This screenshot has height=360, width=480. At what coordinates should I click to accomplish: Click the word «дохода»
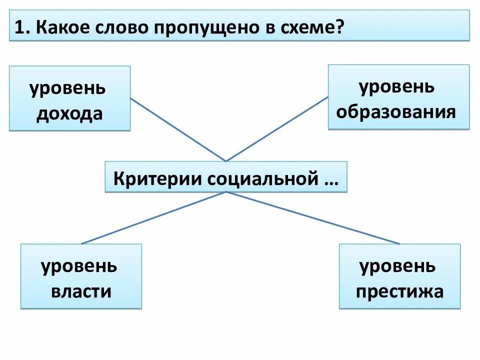click(69, 113)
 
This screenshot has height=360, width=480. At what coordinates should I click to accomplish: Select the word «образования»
click(396, 111)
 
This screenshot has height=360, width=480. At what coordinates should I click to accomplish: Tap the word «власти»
click(81, 291)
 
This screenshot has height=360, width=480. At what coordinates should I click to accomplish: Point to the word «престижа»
click(399, 291)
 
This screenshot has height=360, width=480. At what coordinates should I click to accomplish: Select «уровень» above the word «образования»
click(396, 86)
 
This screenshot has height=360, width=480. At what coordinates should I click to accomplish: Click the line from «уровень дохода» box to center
click(178, 129)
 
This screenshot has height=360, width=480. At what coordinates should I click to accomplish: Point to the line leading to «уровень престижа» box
click(312, 218)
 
